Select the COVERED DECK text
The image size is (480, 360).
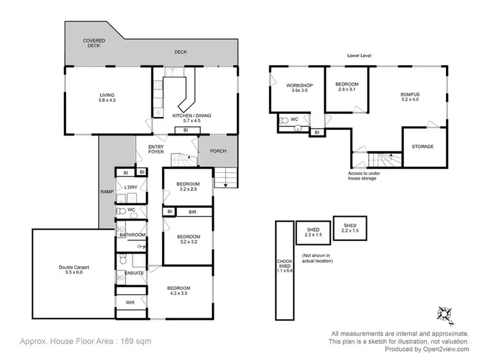click(x=94, y=43)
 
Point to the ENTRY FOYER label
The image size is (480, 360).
click(x=156, y=149)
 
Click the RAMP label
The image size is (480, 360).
click(x=106, y=191)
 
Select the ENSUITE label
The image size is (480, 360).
click(x=134, y=273)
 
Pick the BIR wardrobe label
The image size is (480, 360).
click(x=191, y=212)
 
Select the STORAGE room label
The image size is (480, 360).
click(x=422, y=146)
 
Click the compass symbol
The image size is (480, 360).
click(x=445, y=313)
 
